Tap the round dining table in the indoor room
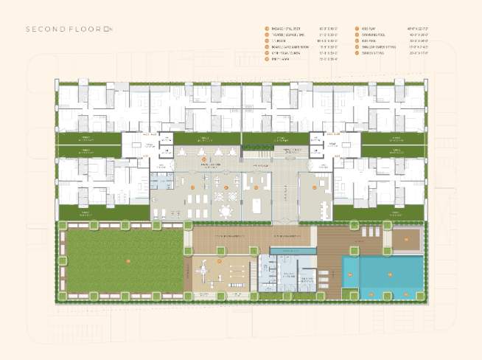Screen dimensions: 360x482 [x=225, y=211]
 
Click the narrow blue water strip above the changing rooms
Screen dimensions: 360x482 [x=293, y=252]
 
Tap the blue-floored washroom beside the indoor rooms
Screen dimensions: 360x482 [x=161, y=181]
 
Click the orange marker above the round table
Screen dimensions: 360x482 [x=226, y=187]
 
